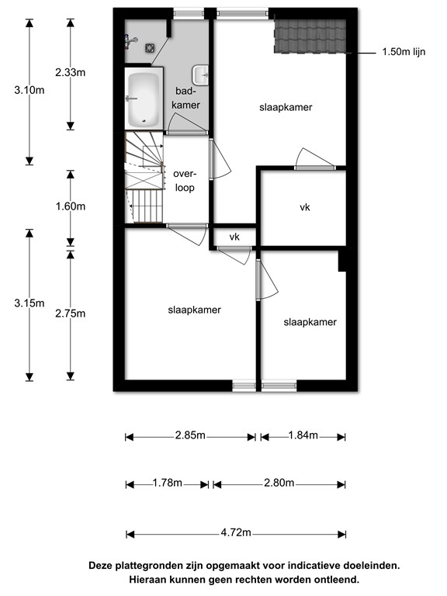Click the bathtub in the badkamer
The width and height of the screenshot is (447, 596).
(144, 99)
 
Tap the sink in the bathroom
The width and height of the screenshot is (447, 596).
(201, 74)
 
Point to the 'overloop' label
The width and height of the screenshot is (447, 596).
(185, 181)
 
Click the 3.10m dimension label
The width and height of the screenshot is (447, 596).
(29, 90)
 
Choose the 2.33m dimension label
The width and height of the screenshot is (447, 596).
(70, 72)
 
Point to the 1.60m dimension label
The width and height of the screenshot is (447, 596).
(70, 206)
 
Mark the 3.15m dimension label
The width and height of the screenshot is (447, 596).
(29, 303)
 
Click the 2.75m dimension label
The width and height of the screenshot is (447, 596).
(70, 314)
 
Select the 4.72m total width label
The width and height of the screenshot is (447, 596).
(235, 534)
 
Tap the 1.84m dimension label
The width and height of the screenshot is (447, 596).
(303, 436)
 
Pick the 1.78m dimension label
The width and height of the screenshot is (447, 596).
(166, 483)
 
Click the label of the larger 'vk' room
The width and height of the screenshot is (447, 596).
(305, 207)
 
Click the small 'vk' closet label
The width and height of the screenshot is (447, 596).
(234, 237)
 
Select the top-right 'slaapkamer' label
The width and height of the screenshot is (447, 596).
(286, 108)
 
